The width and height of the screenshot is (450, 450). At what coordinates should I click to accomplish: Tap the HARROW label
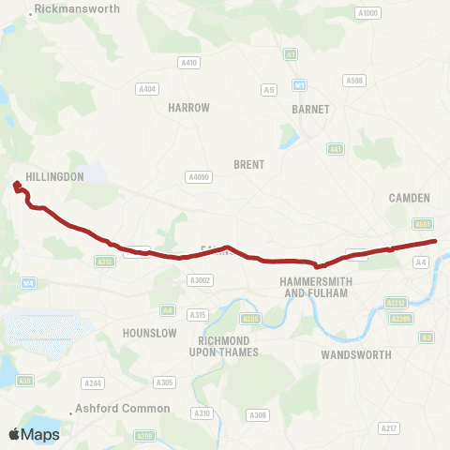click(x=188, y=108)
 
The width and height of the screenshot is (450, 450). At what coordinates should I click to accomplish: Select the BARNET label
click(x=310, y=109)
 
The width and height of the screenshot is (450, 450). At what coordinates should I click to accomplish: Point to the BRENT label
click(x=248, y=164)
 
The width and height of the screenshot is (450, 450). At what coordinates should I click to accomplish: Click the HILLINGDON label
click(x=56, y=176)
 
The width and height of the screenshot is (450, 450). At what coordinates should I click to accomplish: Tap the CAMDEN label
click(x=409, y=198)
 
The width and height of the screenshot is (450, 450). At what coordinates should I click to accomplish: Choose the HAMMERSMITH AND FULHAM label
click(x=314, y=287)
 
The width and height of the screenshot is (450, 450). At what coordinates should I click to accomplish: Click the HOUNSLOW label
click(x=150, y=333)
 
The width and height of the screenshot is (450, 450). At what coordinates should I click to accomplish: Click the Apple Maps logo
click(x=34, y=434)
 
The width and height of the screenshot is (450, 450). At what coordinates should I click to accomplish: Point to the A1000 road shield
click(x=368, y=13)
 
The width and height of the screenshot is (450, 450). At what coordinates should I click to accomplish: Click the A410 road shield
click(x=189, y=63)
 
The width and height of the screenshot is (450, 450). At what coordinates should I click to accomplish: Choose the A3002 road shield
click(x=200, y=279)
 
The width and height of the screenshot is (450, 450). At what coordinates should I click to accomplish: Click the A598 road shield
click(x=354, y=81)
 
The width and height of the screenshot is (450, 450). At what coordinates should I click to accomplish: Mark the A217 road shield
click(x=388, y=427)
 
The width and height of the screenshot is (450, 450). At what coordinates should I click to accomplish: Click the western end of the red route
click(x=16, y=185)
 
